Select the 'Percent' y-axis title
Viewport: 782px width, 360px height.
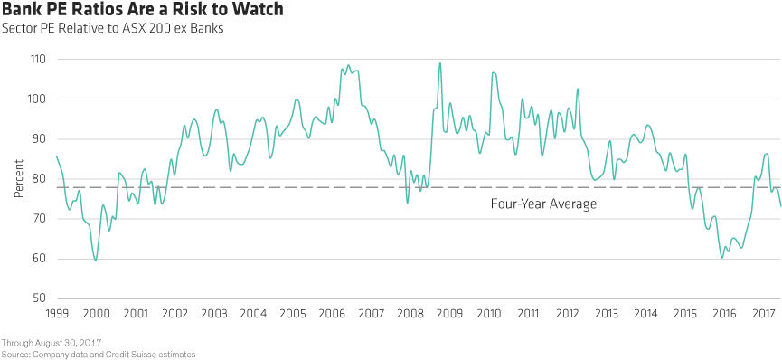[x=19, y=179]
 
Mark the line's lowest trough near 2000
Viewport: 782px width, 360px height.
[x=96, y=260]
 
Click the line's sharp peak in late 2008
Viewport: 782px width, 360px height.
[x=439, y=63]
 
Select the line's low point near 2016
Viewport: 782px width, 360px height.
[x=721, y=258]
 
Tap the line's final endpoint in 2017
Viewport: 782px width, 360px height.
[x=780, y=206]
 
